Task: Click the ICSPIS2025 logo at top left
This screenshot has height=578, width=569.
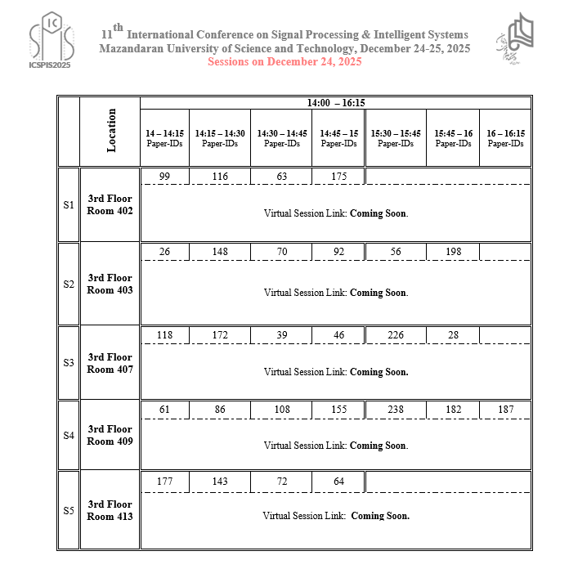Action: [50, 42]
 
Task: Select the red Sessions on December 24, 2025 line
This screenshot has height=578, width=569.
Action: [284, 61]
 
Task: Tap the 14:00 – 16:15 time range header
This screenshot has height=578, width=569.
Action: [336, 103]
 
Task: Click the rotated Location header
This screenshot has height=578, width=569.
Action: [111, 130]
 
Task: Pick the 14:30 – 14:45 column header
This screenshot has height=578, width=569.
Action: [281, 138]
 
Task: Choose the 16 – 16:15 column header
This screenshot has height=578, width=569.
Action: [505, 138]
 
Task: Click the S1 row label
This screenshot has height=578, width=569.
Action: [69, 205]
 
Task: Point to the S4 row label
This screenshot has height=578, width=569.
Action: [69, 436]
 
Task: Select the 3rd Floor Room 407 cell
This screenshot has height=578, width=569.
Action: [110, 363]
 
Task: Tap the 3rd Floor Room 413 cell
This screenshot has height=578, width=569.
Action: [110, 510]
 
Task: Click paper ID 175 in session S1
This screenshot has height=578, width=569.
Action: [339, 177]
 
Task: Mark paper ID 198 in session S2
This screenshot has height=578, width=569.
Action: [454, 252]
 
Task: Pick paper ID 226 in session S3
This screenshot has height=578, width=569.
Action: [396, 335]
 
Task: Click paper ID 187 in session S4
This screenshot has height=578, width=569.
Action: [505, 410]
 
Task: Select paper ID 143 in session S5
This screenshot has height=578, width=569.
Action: [219, 482]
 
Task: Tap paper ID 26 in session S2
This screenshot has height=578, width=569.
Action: [164, 252]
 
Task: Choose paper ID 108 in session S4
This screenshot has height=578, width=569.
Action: [281, 410]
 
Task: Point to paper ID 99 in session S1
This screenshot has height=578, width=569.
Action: [164, 177]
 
